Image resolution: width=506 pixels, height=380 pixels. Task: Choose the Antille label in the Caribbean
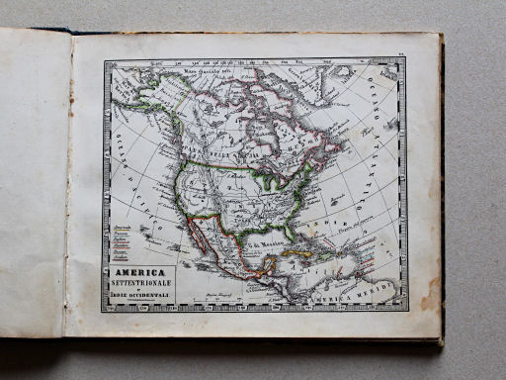341,269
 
